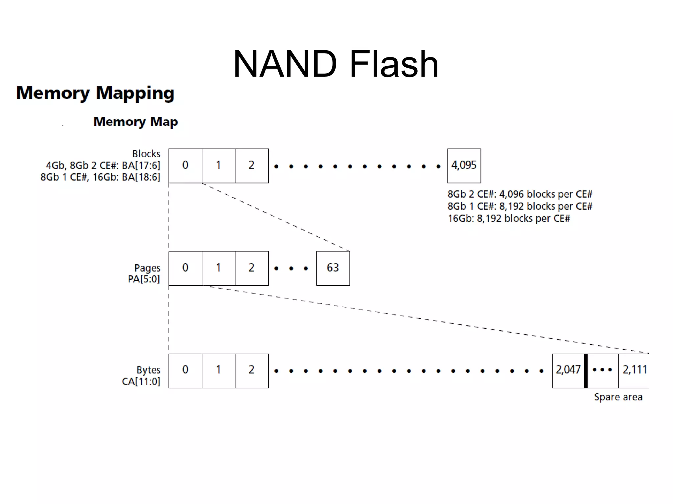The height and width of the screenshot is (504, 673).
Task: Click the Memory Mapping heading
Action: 95,93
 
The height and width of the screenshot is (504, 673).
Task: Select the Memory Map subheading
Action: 135,122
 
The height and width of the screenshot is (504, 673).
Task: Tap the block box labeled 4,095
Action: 464,165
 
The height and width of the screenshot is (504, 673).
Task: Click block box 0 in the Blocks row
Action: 185,165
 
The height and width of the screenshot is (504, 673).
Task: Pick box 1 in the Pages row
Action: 219,268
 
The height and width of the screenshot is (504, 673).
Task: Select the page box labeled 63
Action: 333,268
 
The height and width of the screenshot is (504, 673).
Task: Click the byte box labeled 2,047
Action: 568,370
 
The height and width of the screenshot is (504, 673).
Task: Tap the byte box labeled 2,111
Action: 634,370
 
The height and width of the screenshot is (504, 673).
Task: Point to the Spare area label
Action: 618,397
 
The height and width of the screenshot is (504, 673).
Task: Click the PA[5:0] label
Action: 144,279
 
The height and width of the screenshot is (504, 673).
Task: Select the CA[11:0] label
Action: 141,382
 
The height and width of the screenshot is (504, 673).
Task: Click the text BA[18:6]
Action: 141,177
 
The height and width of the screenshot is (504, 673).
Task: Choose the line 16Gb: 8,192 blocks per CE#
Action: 508,219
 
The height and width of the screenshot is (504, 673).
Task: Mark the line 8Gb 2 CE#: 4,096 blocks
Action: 520,194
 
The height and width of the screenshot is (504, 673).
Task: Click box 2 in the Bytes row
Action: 251,370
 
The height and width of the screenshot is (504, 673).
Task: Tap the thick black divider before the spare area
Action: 586,371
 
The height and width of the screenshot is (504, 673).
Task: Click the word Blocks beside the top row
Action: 146,154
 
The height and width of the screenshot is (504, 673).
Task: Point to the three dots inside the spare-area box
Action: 602,370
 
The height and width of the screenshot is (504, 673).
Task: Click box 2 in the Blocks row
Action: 251,165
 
